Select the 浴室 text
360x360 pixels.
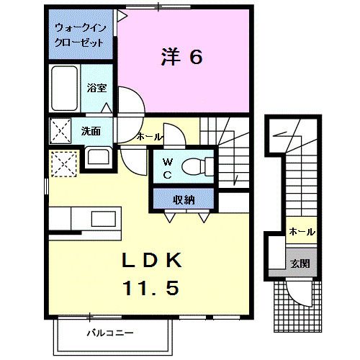point(96,89)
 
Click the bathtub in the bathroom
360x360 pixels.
point(65,88)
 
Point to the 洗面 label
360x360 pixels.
point(90,132)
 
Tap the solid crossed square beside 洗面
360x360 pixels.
point(60,131)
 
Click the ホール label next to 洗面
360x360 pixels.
point(149,137)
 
